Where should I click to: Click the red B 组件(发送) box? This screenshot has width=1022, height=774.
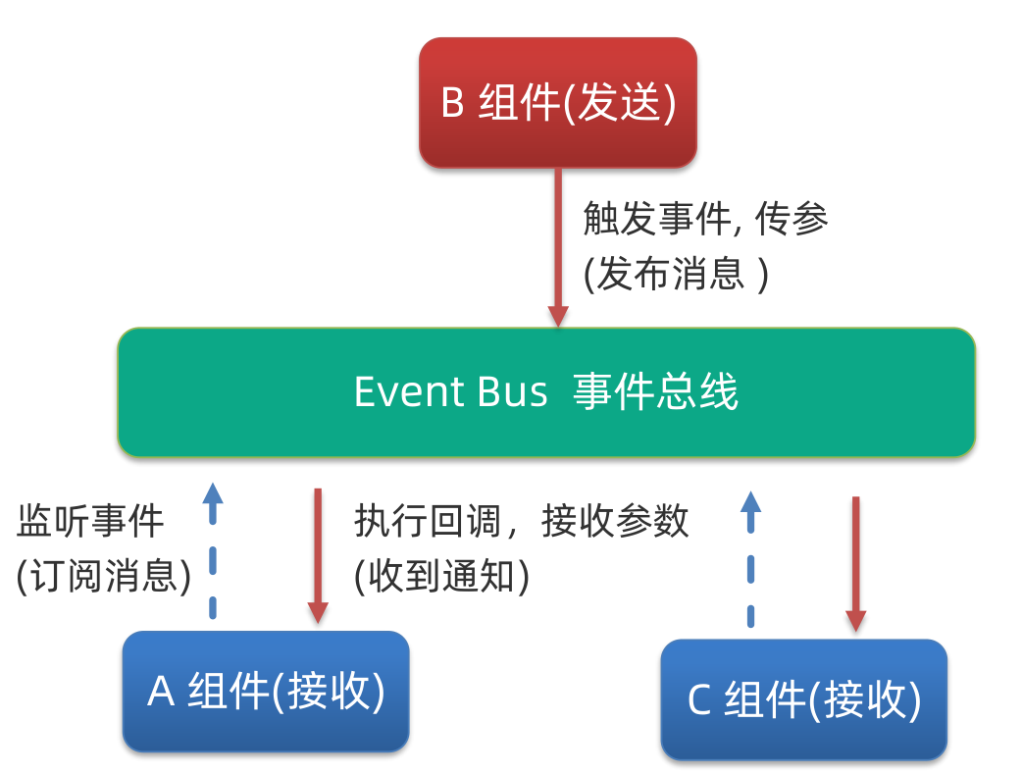(558, 102)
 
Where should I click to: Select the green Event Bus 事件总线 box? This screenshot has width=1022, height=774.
(546, 392)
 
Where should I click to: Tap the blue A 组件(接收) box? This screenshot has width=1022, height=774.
(266, 692)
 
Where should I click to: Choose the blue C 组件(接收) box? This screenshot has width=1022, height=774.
(804, 700)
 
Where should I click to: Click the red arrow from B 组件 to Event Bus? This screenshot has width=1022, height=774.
(558, 245)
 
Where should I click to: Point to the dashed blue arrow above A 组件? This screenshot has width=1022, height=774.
(212, 549)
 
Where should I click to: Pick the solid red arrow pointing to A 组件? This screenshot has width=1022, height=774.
(318, 554)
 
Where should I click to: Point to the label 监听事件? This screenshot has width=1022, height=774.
(90, 522)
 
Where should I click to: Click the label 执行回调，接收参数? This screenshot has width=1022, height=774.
(522, 522)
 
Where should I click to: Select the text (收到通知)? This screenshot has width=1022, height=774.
(442, 576)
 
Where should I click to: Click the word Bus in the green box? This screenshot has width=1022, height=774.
(513, 392)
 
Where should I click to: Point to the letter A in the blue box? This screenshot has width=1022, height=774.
(161, 693)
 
